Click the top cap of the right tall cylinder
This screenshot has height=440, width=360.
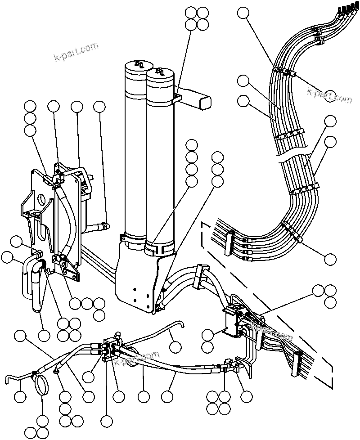[x=159, y=75]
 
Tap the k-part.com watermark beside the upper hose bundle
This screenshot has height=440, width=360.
[x=329, y=95]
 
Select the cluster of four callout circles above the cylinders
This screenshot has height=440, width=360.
[x=197, y=18]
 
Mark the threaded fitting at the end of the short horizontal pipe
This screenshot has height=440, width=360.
[x=104, y=226]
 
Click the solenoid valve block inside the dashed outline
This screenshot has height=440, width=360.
[x=235, y=321]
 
